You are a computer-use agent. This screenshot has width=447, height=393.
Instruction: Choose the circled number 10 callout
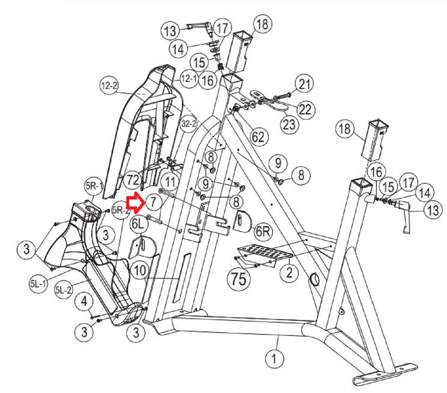coord(140,270)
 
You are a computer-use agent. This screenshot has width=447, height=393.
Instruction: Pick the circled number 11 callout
coord(170,181)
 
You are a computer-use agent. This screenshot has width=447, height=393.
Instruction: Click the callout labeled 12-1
coord(189,78)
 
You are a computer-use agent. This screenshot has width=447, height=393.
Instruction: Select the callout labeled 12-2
coord(109,86)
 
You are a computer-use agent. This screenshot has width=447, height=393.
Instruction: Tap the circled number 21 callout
coord(304,84)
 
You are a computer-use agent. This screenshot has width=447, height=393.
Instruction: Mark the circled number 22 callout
coord(305,109)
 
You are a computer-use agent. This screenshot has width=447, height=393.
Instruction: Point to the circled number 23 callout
coord(289,124)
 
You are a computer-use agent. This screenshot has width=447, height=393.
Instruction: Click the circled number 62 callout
coord(258,136)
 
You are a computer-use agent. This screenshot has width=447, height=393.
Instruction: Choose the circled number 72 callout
coord(133,180)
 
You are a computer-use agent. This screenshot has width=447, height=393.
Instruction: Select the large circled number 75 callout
coord(238,278)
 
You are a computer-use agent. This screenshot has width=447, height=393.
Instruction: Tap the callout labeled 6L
coord(139,224)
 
